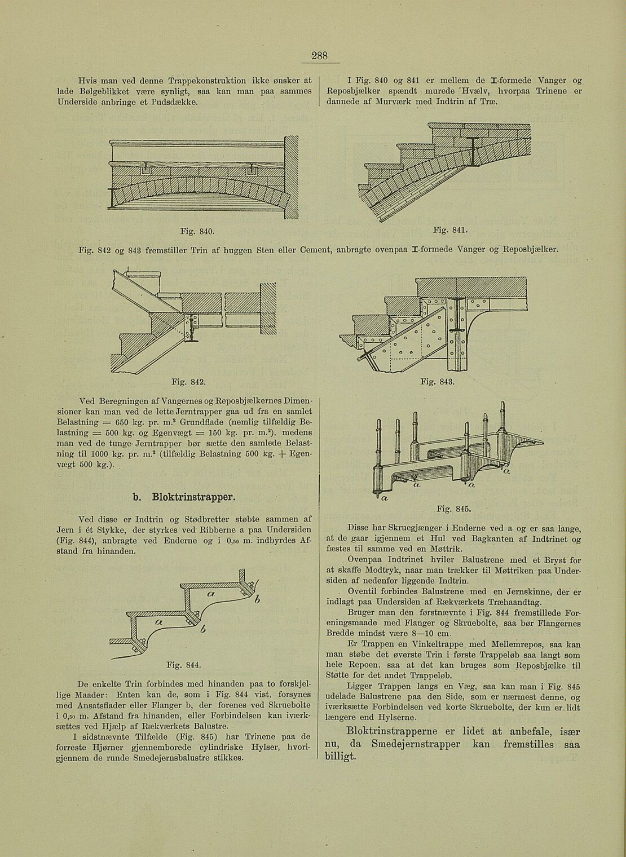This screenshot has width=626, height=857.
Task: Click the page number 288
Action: click(319, 56)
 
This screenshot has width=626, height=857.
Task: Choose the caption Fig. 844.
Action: click(186, 665)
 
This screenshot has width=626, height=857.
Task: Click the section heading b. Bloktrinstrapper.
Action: click(184, 498)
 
